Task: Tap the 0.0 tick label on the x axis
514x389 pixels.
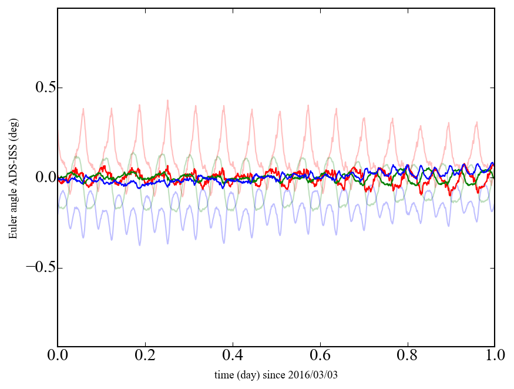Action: point(58,356)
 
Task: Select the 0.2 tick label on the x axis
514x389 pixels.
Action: point(145,356)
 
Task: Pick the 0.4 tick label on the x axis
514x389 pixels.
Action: point(232,356)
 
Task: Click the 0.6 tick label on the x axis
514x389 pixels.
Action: point(320,356)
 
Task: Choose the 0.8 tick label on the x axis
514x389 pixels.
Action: point(407,356)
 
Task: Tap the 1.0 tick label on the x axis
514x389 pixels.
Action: point(494,356)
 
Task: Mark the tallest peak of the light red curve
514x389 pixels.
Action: point(167,100)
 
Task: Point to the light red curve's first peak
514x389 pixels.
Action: point(83,109)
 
